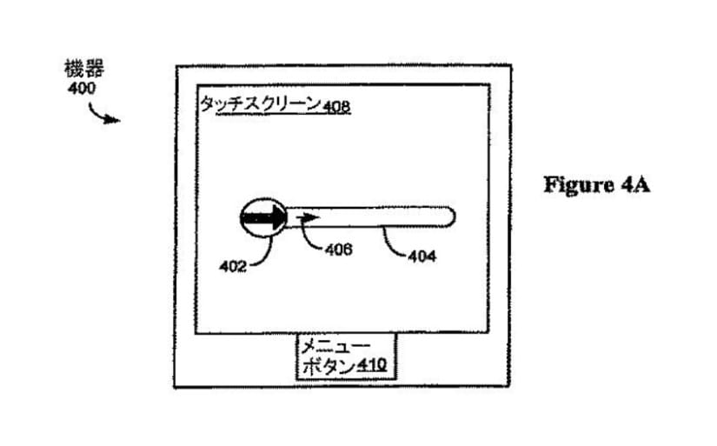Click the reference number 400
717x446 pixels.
[x=82, y=88]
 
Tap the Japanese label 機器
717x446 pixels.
[x=84, y=69]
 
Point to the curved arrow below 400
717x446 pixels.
[x=103, y=115]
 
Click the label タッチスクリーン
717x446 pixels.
[x=261, y=104]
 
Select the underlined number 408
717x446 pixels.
[x=336, y=107]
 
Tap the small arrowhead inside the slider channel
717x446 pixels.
[x=309, y=216]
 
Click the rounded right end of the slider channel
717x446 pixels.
[x=449, y=216]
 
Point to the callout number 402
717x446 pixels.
[x=233, y=266]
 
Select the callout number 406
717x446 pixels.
[x=338, y=250]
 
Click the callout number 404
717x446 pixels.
[x=422, y=256]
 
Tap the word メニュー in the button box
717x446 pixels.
[x=335, y=346]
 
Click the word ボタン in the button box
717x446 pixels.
[x=329, y=366]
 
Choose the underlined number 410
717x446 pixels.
[x=371, y=365]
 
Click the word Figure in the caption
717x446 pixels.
[x=579, y=185]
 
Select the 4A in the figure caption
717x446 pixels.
[x=635, y=185]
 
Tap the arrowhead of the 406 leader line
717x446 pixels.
[x=301, y=222]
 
